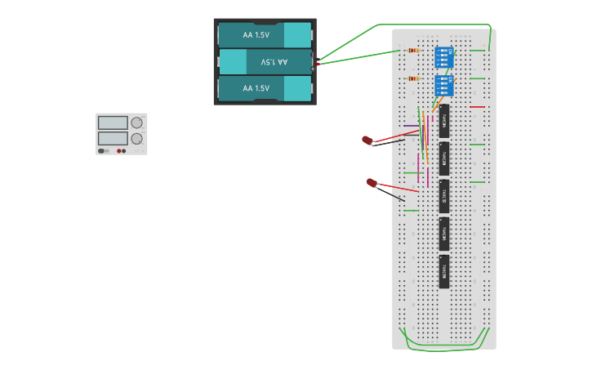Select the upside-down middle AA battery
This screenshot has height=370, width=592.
[265, 62]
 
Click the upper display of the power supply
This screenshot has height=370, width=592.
[113, 123]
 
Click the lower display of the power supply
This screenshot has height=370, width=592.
[113, 139]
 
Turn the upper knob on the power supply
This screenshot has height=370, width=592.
[136, 123]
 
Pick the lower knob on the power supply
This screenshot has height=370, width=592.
[136, 139]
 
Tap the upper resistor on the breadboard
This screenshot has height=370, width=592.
[413, 51]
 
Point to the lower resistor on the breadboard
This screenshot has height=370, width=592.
[413, 79]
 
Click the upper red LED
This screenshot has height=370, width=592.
[367, 140]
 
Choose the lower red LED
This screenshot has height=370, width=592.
[372, 183]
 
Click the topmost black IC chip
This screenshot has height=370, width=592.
[444, 121]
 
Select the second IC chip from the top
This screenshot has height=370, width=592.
[444, 158]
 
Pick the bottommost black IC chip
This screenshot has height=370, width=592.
[444, 271]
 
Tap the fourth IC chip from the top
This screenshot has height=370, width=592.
[444, 234]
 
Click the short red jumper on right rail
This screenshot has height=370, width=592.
[477, 107]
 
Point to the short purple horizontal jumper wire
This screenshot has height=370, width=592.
[411, 127]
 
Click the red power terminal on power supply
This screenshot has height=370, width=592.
[119, 151]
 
